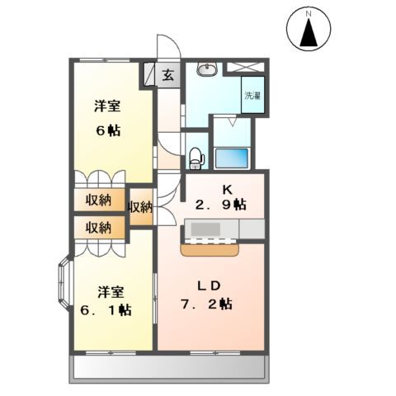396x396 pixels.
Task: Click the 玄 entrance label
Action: [x=167, y=75]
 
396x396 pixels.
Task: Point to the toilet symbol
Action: [x=196, y=154]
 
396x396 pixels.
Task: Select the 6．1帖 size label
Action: [x=107, y=309]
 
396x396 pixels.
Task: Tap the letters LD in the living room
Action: [x=207, y=285]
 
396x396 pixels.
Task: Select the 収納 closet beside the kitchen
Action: [x=140, y=207]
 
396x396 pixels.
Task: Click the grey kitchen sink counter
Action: [x=223, y=226]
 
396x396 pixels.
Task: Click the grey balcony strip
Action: [x=171, y=368]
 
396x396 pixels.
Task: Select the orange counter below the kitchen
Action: [x=210, y=243]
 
